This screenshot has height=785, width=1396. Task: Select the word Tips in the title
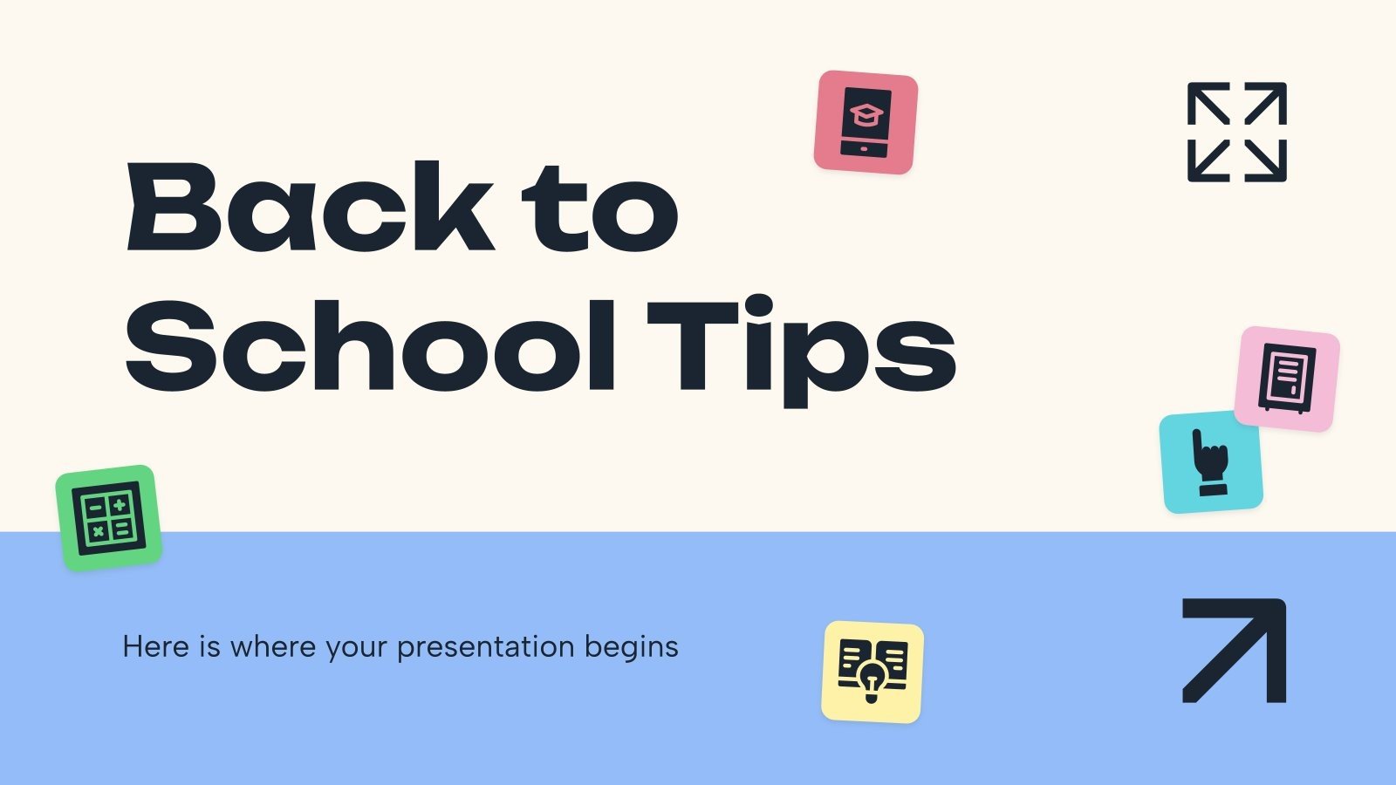801,347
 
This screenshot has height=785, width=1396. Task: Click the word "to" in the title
600,209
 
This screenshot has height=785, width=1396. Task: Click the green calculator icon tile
109,517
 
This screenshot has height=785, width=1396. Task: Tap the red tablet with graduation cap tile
866,122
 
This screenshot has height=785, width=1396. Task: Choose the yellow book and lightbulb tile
872,672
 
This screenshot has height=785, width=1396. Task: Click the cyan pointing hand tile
1211,462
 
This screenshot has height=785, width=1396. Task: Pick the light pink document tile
1287,379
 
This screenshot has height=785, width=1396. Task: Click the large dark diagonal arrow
1234,650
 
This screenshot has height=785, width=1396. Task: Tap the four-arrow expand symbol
1236,132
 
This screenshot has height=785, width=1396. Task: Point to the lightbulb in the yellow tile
872,679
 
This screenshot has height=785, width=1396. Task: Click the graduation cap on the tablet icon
866,114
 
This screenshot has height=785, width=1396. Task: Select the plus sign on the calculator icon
120,504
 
